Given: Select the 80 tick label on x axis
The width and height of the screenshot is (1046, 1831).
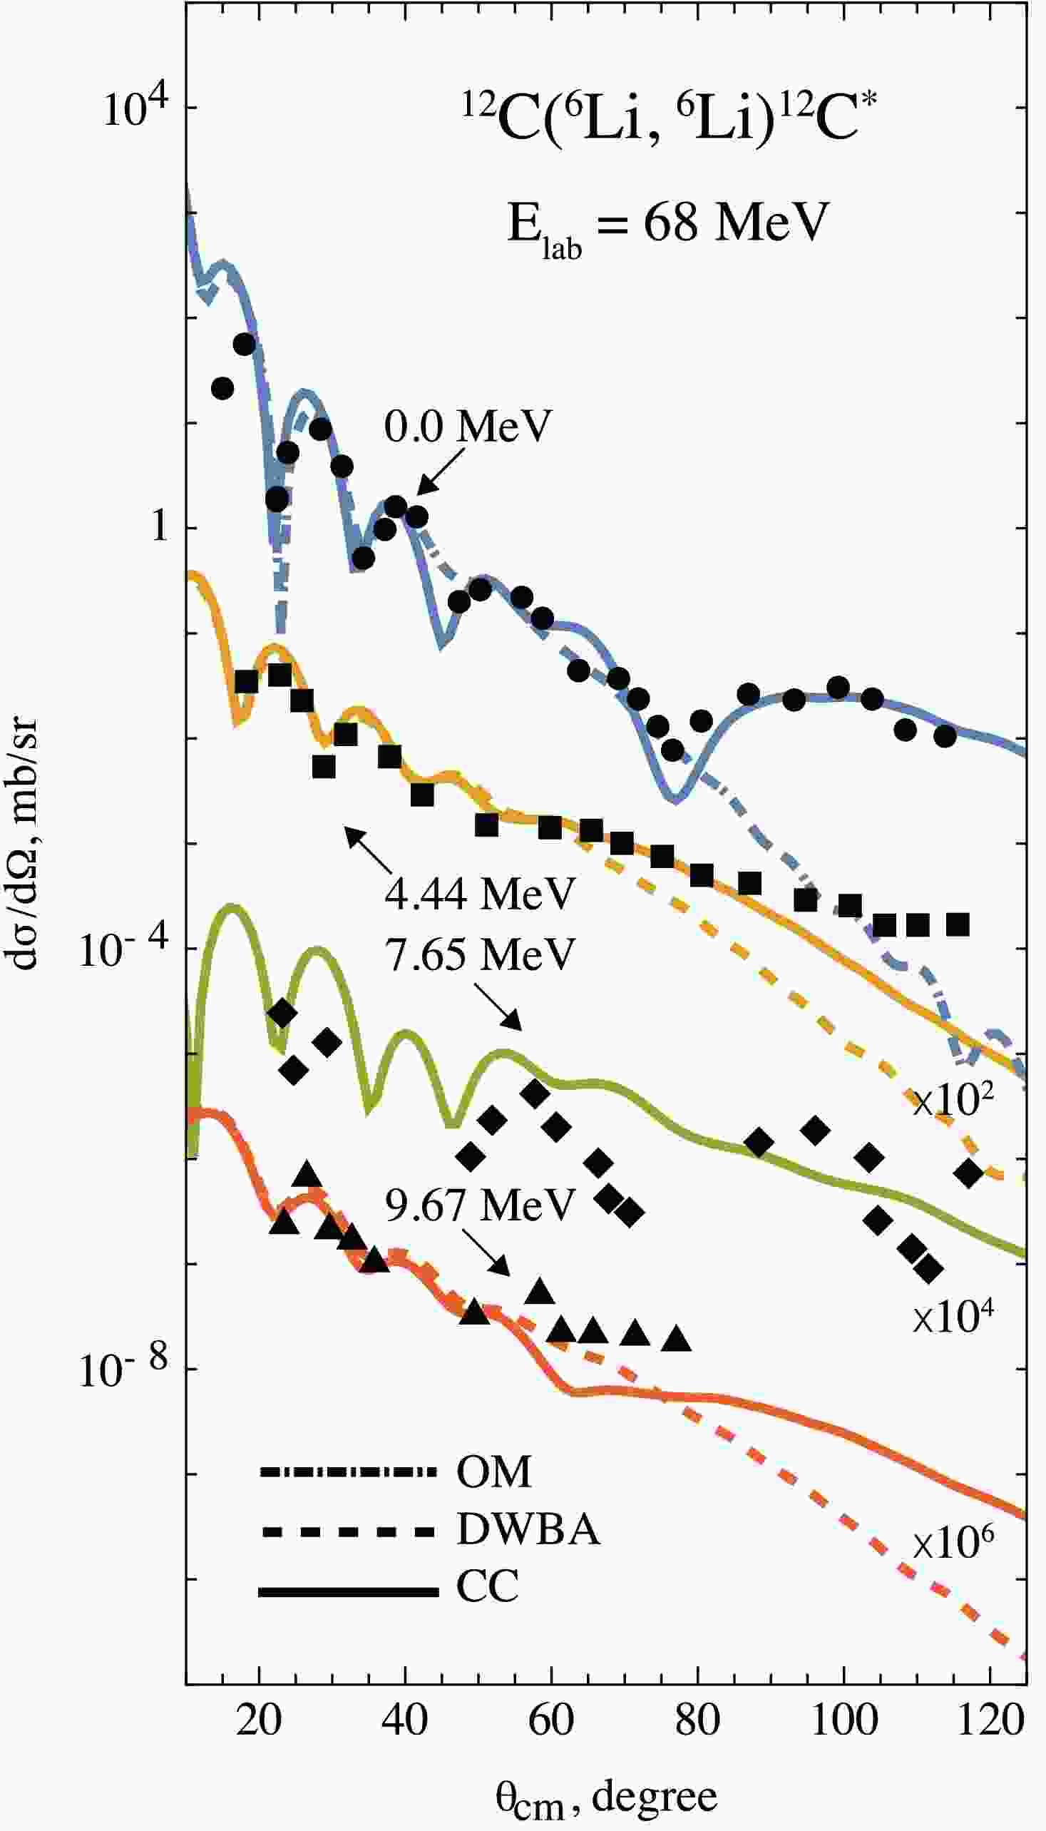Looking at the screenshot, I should click(x=697, y=1720).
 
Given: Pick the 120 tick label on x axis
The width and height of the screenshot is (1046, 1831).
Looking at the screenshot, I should click(x=991, y=1720).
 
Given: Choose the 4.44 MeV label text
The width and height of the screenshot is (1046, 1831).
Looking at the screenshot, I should click(x=480, y=894).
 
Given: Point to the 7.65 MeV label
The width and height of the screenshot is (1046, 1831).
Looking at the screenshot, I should click(x=480, y=954).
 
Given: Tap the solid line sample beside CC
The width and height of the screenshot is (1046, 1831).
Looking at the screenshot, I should click(x=349, y=1592).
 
